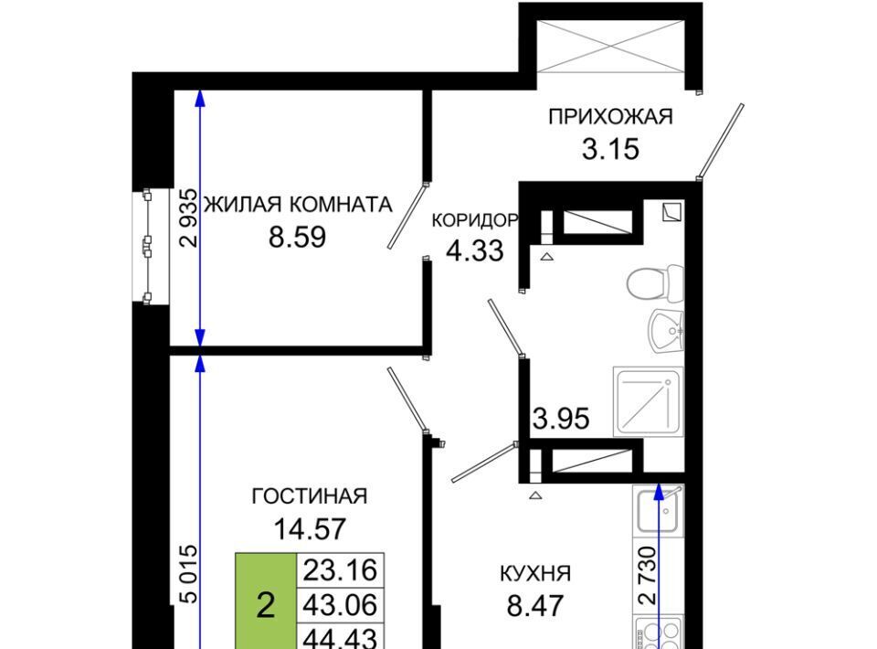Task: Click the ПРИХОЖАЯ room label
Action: coord(610,117)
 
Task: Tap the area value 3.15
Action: coord(610,149)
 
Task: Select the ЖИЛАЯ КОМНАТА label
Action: coord(298,205)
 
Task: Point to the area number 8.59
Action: coord(297,238)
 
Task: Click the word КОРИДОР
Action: coord(475,220)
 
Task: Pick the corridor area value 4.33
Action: coord(475,250)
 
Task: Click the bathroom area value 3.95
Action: coord(561,419)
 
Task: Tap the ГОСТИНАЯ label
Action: coord(310,496)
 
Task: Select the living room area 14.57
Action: coord(310,528)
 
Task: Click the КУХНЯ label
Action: coord(534,573)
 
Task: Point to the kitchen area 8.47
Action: coord(534,605)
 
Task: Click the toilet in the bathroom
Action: coord(655,284)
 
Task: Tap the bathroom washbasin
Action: coord(667,330)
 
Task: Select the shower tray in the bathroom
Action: coord(649,401)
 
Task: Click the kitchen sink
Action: coord(658,511)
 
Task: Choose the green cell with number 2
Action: coord(266,601)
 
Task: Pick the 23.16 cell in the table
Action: coord(340,570)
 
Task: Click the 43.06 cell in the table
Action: coord(340,605)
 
